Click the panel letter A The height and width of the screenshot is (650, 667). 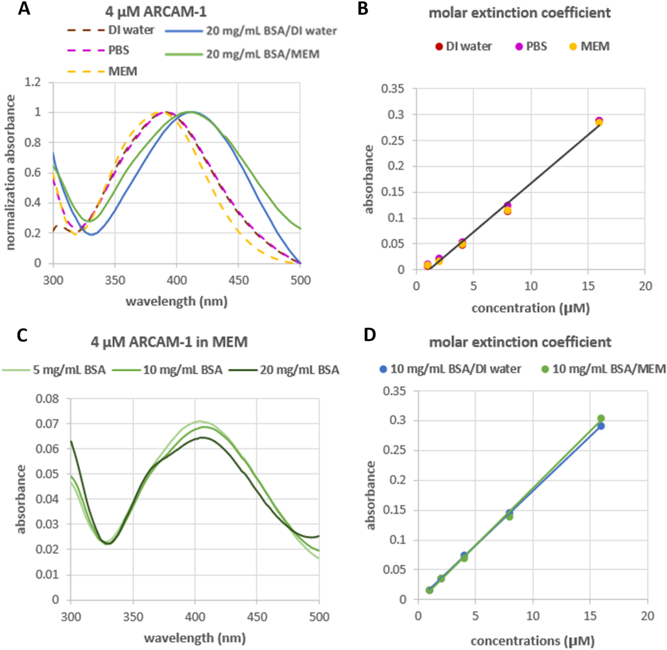pyautogui.click(x=24, y=8)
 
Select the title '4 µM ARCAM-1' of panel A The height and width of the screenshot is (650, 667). pyautogui.click(x=155, y=12)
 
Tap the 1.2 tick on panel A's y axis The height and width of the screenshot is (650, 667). pyautogui.click(x=32, y=82)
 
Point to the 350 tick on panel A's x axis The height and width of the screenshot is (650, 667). pyautogui.click(x=115, y=280)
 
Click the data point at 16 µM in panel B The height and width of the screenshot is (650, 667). pyautogui.click(x=599, y=121)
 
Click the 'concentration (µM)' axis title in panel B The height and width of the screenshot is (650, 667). pyautogui.click(x=530, y=308)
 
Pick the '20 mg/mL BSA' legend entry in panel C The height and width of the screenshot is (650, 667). pyautogui.click(x=299, y=370)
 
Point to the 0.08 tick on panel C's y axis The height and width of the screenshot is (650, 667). pyautogui.click(x=47, y=399)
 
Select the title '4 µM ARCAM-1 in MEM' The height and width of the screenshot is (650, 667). pyautogui.click(x=169, y=342)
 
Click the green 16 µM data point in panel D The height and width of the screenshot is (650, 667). pyautogui.click(x=601, y=419)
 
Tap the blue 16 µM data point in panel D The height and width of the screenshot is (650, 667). pyautogui.click(x=601, y=426)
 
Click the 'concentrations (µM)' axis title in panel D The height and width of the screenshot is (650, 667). pyautogui.click(x=533, y=641)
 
